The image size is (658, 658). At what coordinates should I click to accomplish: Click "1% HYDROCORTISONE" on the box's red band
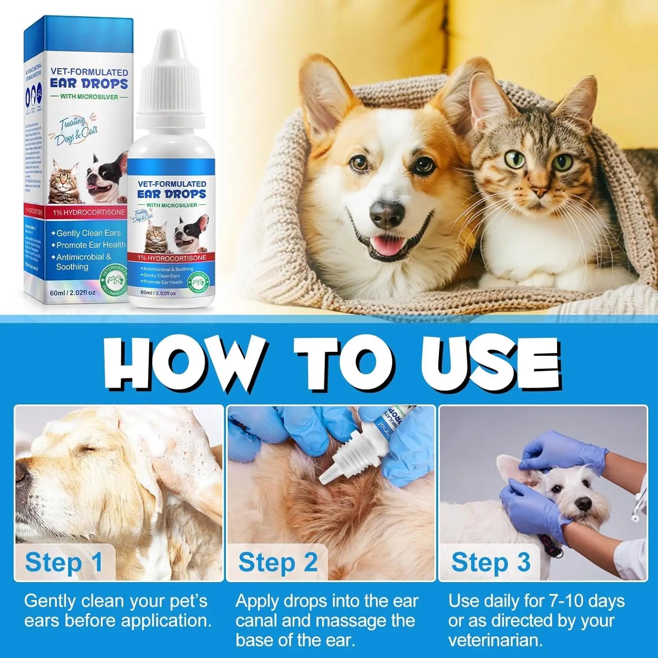click(x=89, y=212)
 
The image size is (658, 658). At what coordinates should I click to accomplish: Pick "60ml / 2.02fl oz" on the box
click(x=72, y=293)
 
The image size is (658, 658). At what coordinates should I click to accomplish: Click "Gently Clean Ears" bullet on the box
click(x=88, y=233)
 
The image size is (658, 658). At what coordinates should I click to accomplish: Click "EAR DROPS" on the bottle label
click(x=172, y=194)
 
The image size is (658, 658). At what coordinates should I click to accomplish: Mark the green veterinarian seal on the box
click(x=114, y=279)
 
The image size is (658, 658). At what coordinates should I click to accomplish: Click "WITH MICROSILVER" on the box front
click(x=89, y=97)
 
